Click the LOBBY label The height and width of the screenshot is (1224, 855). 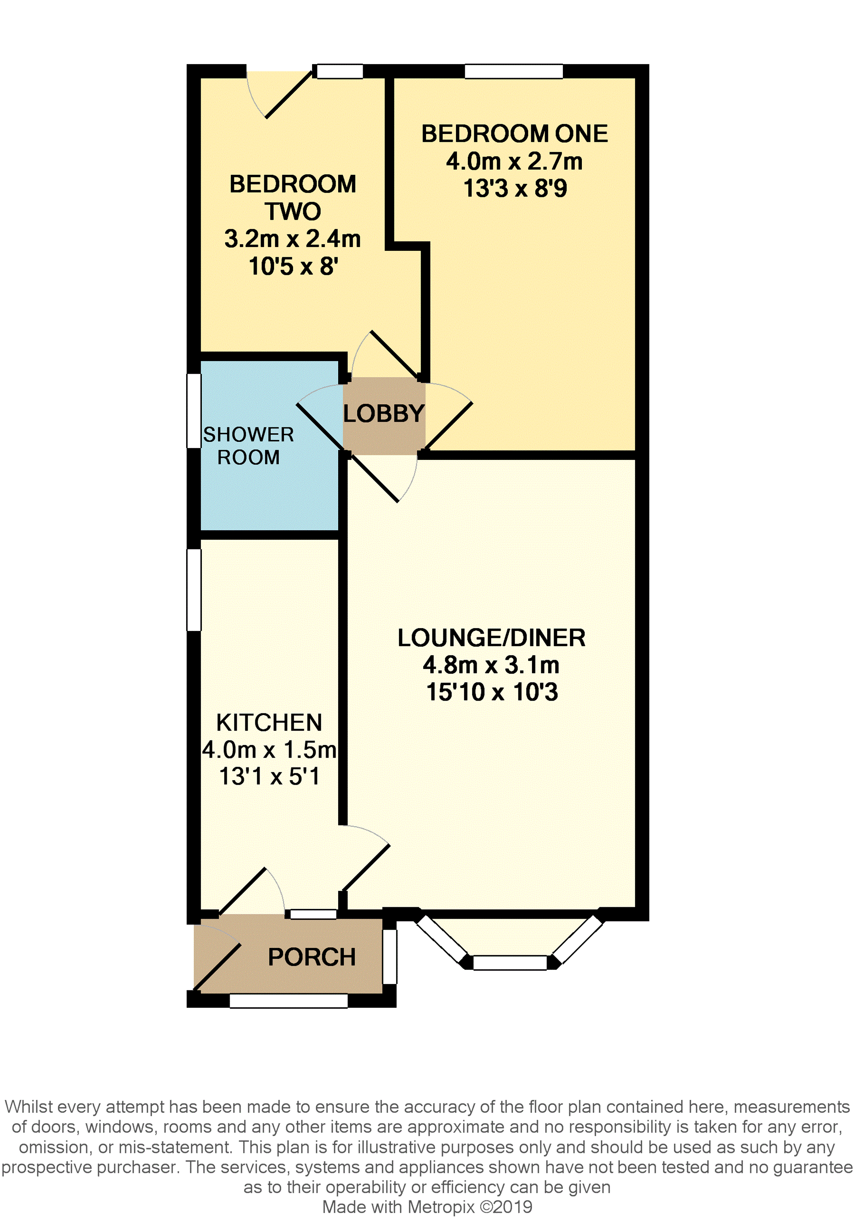click(383, 413)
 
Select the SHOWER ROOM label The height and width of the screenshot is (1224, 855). click(248, 446)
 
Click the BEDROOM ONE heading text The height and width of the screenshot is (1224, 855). click(514, 134)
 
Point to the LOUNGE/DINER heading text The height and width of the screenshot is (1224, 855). click(491, 638)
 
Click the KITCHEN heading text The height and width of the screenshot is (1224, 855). click(269, 723)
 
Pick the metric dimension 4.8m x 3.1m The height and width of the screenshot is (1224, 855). click(491, 665)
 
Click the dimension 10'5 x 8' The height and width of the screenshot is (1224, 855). click(293, 266)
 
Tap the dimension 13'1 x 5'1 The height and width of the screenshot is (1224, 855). click(269, 776)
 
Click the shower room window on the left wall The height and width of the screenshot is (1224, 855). click(193, 411)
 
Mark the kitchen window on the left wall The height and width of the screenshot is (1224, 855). click(193, 590)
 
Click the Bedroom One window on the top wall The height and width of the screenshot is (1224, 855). click(514, 71)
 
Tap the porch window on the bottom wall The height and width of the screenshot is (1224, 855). click(288, 1001)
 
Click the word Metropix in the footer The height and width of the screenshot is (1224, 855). click(441, 1207)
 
